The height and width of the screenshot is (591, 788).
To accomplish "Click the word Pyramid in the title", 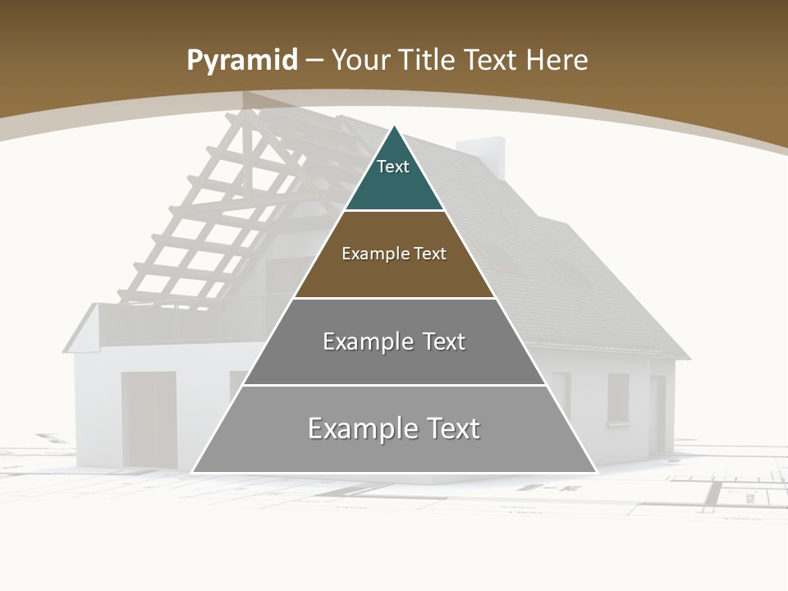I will pos(242,61).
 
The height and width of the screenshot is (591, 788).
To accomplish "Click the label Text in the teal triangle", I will pos(393,167).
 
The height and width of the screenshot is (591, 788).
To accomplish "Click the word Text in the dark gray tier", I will pos(444,341).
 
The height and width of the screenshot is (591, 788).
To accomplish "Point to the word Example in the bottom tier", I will pos(355,428).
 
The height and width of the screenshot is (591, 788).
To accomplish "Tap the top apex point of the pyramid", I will pos(394,126).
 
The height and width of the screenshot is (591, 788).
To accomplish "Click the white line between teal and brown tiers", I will pos(394,211).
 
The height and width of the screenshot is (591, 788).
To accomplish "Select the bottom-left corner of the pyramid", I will pos(192,473).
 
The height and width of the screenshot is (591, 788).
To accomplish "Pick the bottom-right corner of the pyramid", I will pos(596,473).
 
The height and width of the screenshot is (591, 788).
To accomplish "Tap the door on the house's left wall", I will pos(149,419).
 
